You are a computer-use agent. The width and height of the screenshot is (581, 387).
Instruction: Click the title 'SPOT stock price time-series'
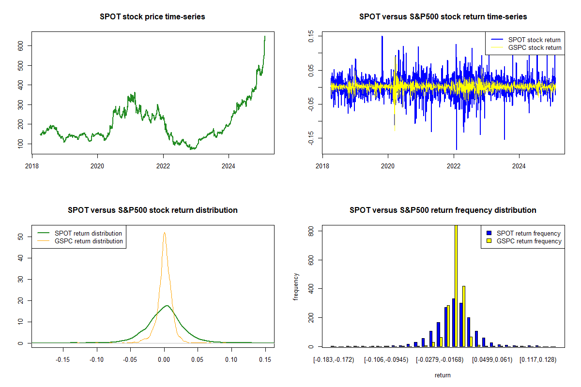(153, 17)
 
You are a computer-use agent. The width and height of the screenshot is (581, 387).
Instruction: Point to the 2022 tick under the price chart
(163, 164)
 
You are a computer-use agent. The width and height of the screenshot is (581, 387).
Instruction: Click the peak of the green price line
(265, 36)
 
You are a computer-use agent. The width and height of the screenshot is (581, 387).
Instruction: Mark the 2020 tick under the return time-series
(388, 164)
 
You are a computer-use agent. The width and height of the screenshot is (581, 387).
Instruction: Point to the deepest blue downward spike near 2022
(456, 149)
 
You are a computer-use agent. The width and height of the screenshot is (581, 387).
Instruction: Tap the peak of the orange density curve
(164, 233)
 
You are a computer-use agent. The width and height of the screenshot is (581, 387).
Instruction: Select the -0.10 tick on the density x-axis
(97, 359)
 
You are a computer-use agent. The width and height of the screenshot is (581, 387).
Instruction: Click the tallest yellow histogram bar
(456, 285)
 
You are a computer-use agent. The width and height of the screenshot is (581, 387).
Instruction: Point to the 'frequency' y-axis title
(296, 286)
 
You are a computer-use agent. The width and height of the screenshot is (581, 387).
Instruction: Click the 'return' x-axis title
(443, 375)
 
